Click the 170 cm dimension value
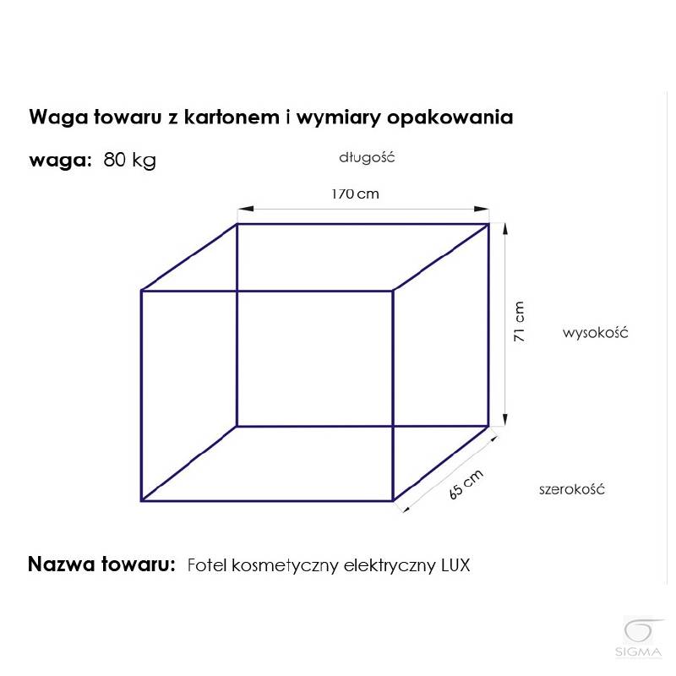point(355,194)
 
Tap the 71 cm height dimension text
point(519,322)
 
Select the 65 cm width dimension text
point(466,484)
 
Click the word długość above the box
point(367,157)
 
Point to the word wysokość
point(596,333)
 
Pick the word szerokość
point(572,489)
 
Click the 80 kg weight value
point(129,160)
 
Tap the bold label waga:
point(60,161)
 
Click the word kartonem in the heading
point(232,117)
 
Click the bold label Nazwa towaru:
point(101,564)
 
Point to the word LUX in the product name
point(455,565)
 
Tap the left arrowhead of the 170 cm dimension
point(245,209)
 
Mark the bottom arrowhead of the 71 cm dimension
point(505,419)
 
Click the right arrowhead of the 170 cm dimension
point(481,209)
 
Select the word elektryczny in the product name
point(390,565)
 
